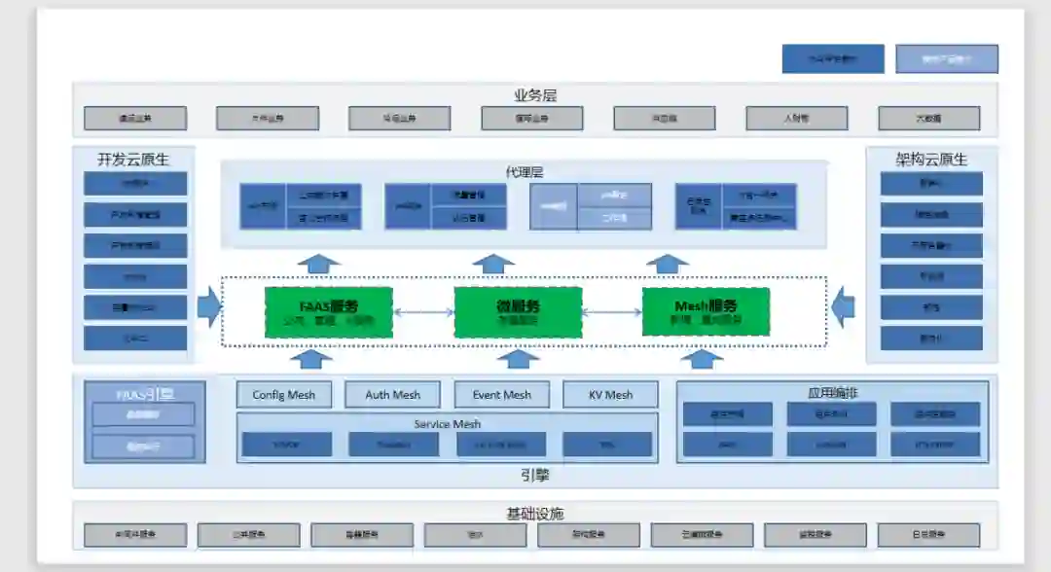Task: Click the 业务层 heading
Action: (535, 95)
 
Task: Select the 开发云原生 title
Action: (133, 160)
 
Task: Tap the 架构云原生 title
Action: (931, 160)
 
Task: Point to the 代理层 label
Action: (524, 171)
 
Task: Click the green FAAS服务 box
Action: (329, 311)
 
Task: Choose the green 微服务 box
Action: (518, 311)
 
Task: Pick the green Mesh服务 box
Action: (706, 311)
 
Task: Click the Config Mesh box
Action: (284, 394)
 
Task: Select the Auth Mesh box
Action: (393, 394)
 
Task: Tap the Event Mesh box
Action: (502, 394)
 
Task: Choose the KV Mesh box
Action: (610, 394)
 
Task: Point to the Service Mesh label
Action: (448, 424)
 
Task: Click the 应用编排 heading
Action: (832, 393)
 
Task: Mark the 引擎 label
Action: (535, 476)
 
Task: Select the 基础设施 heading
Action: (535, 513)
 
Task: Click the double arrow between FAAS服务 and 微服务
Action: (423, 312)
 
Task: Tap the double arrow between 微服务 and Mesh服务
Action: (612, 312)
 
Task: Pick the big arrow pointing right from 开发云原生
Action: (209, 307)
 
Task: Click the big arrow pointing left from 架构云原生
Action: (844, 307)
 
